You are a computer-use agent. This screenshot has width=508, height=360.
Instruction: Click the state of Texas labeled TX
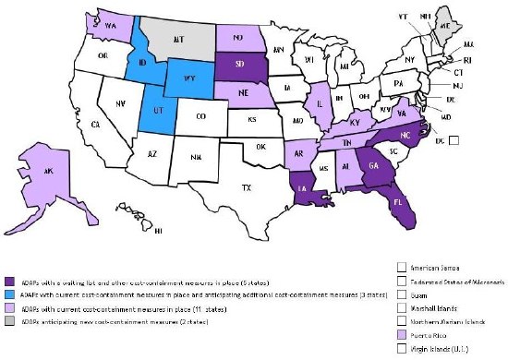247,187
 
